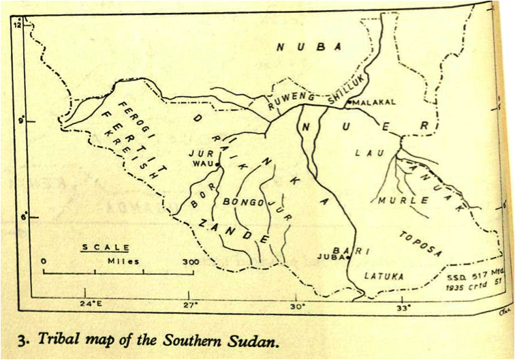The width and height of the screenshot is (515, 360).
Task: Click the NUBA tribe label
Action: (x=308, y=46)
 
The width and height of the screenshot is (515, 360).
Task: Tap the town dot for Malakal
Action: (x=349, y=102)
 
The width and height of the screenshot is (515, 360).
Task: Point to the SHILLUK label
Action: (x=347, y=90)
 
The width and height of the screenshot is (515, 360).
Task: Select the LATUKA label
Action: (x=384, y=276)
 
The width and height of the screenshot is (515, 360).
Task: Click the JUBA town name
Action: (x=329, y=257)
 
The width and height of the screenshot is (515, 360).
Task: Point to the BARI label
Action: (x=356, y=252)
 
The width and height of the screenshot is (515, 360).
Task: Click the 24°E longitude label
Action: (x=89, y=305)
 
